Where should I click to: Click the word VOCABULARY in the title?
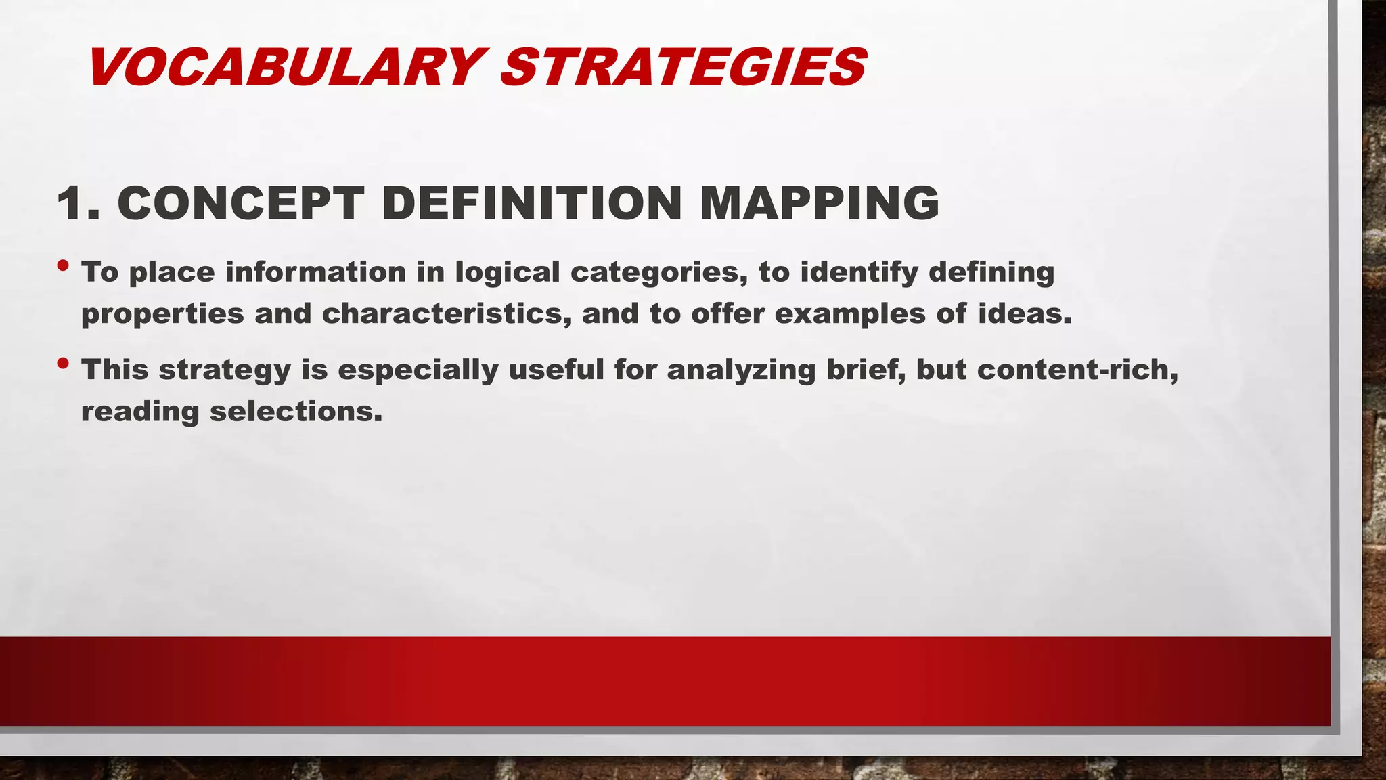click(x=284, y=67)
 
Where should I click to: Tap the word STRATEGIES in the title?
click(x=683, y=67)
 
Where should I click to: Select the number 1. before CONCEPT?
click(x=79, y=202)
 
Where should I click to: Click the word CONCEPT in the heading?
click(x=241, y=202)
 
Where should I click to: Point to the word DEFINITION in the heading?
click(x=531, y=202)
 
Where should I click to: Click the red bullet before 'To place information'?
click(x=63, y=265)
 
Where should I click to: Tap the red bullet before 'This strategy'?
click(x=63, y=364)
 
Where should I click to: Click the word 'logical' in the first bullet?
click(x=507, y=272)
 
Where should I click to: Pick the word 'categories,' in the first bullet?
click(x=659, y=272)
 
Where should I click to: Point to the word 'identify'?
click(x=859, y=272)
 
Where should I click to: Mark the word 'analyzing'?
click(x=741, y=370)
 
